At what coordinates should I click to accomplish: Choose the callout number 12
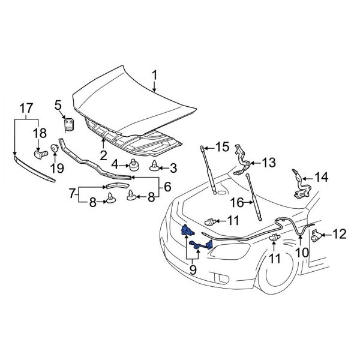click(339, 234)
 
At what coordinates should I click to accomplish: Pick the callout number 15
click(222, 146)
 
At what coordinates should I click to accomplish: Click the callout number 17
click(25, 109)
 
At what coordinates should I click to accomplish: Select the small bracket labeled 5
click(69, 125)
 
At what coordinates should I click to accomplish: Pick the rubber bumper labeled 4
click(133, 165)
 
